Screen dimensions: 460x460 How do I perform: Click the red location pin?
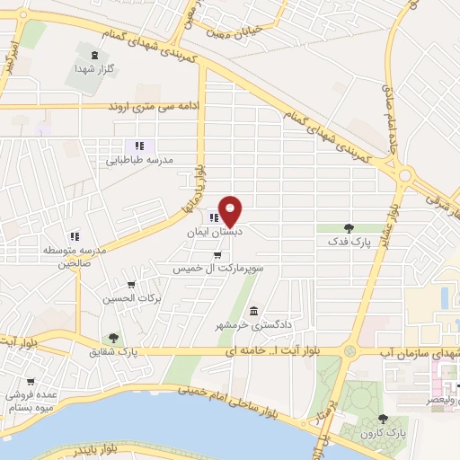click(x=232, y=211)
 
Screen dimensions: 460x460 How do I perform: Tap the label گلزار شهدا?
click(x=90, y=67)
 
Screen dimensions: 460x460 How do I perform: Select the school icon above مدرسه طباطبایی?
click(x=139, y=146)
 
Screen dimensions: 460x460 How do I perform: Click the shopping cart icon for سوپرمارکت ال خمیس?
click(x=217, y=255)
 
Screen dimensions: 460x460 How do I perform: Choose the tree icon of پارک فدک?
click(x=349, y=228)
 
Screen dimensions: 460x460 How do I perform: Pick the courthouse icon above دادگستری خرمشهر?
click(x=253, y=310)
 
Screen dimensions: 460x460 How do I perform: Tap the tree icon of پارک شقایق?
click(x=113, y=338)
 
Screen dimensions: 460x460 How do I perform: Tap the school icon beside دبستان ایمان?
click(x=214, y=217)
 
